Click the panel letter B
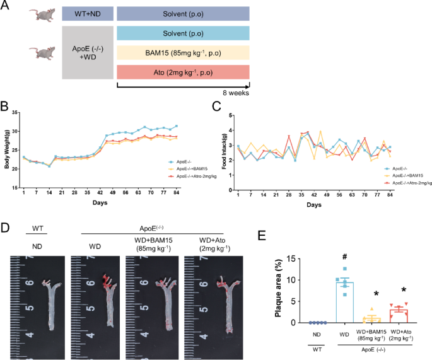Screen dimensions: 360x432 (6, 108)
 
